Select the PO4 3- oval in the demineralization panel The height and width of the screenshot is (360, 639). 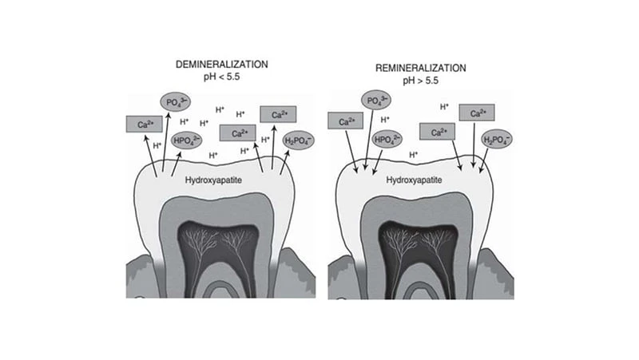173,102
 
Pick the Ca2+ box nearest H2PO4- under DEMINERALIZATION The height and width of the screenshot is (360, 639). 280,115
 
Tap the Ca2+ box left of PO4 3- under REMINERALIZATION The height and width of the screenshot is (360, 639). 347,122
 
